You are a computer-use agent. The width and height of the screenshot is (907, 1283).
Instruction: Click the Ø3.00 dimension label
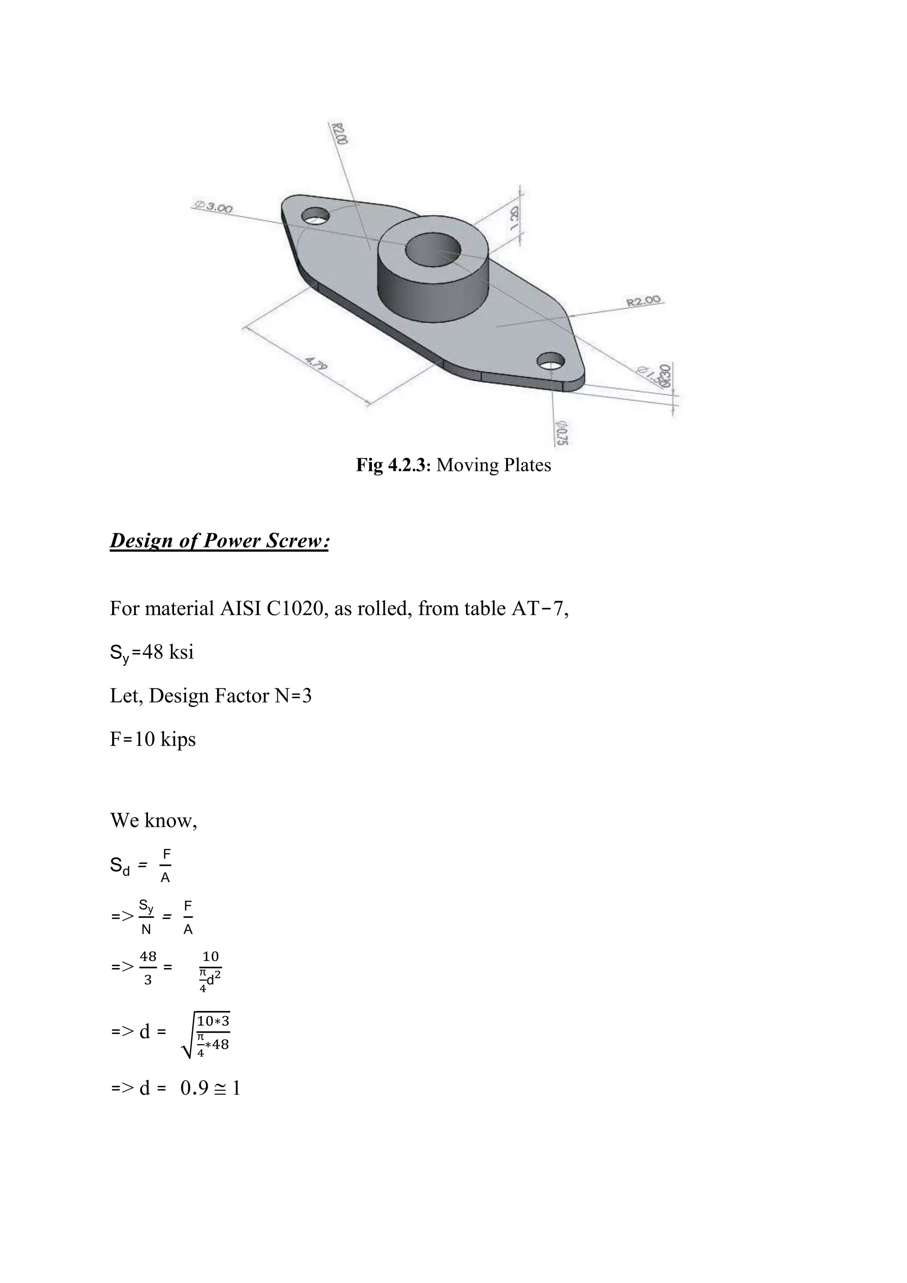click(x=212, y=207)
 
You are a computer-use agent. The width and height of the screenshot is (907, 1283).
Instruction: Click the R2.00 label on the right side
click(x=643, y=302)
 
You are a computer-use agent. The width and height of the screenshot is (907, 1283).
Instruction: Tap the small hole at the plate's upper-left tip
click(x=315, y=215)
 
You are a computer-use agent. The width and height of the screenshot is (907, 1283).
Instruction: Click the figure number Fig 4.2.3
click(x=393, y=465)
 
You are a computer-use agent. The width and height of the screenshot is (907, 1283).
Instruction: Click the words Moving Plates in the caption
click(x=494, y=465)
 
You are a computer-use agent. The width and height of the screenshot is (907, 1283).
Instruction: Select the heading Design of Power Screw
click(x=219, y=541)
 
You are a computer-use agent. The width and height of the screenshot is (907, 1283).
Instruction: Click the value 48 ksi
click(x=167, y=652)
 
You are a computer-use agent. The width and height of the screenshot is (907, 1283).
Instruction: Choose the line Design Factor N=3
click(x=210, y=696)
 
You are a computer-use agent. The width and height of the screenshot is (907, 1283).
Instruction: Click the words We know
click(x=154, y=820)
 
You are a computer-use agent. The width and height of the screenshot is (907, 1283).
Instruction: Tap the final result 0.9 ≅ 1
click(x=210, y=1088)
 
